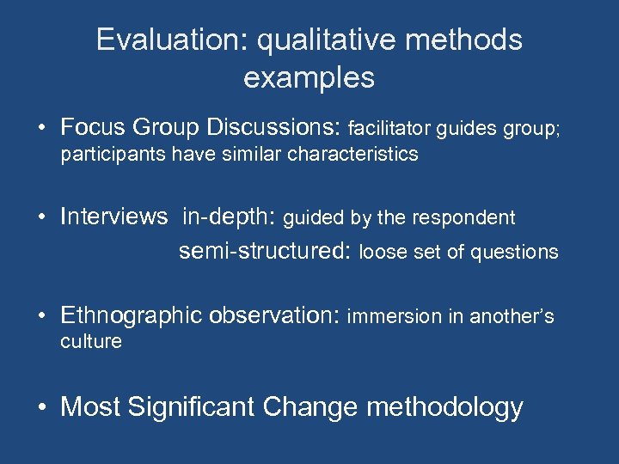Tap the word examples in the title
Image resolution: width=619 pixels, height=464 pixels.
(309, 78)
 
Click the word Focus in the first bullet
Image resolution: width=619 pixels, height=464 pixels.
(95, 128)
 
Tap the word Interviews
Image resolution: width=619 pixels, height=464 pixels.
(113, 217)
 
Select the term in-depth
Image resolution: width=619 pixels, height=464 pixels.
(227, 217)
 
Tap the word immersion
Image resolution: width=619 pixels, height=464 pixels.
(394, 317)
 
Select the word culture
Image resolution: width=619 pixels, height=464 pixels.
(91, 342)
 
